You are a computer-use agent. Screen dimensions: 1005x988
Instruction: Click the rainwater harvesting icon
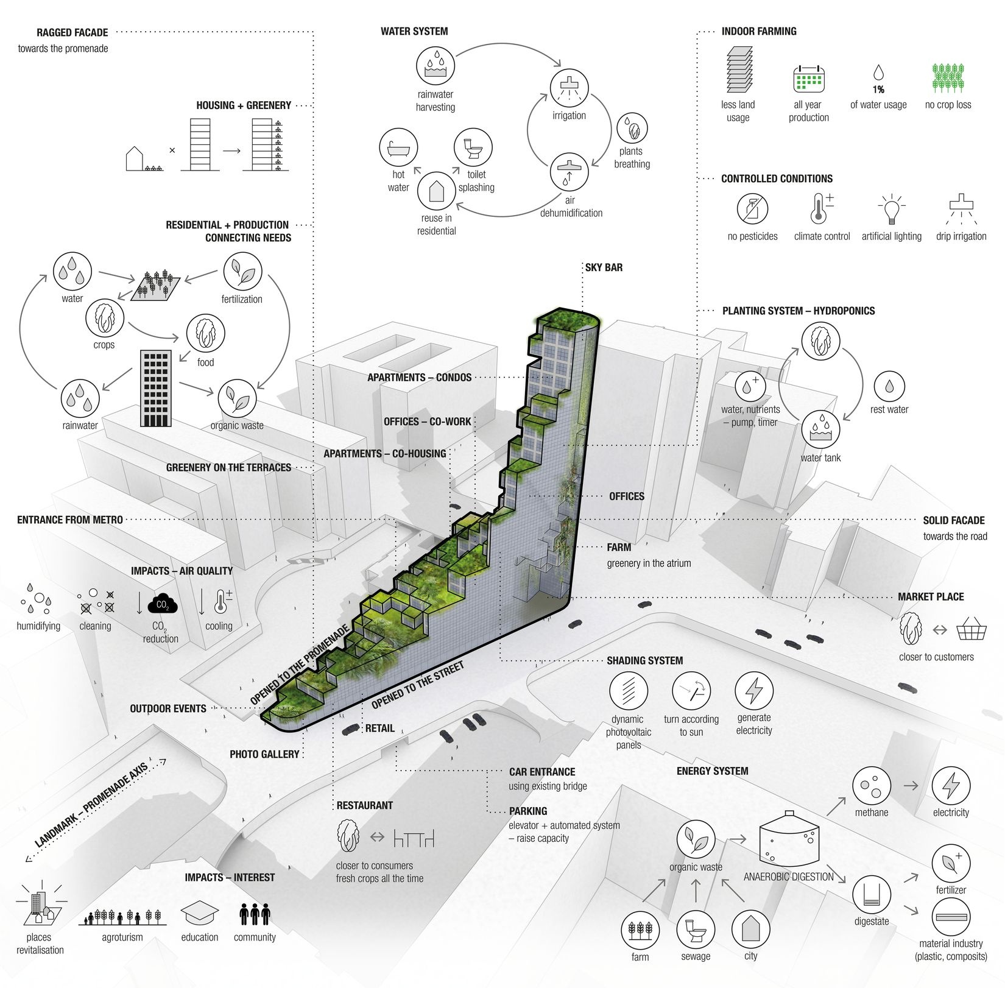[x=435, y=66]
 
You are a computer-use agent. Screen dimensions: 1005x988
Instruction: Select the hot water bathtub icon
[x=399, y=147]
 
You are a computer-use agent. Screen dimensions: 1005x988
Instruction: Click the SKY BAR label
[x=604, y=267]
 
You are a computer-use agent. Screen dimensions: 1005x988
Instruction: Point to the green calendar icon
[x=808, y=79]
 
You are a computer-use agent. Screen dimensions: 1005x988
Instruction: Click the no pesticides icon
[x=752, y=209]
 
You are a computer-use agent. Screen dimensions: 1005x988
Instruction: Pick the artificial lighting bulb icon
[x=891, y=210]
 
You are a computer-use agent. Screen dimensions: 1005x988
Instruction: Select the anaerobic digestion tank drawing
[x=789, y=841]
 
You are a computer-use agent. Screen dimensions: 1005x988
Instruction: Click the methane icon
[x=872, y=786]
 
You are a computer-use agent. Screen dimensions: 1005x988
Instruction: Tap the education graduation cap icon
[x=199, y=914]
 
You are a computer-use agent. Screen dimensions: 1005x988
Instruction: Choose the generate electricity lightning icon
[x=754, y=691]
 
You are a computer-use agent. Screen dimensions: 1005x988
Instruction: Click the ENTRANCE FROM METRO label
[x=70, y=520]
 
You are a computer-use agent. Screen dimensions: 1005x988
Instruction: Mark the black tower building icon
[x=156, y=388]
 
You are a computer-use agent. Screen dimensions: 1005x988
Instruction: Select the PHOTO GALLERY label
[x=264, y=754]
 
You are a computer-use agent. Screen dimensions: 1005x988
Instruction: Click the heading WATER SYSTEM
[x=414, y=31]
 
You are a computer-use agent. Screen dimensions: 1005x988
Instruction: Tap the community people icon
[x=255, y=914]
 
